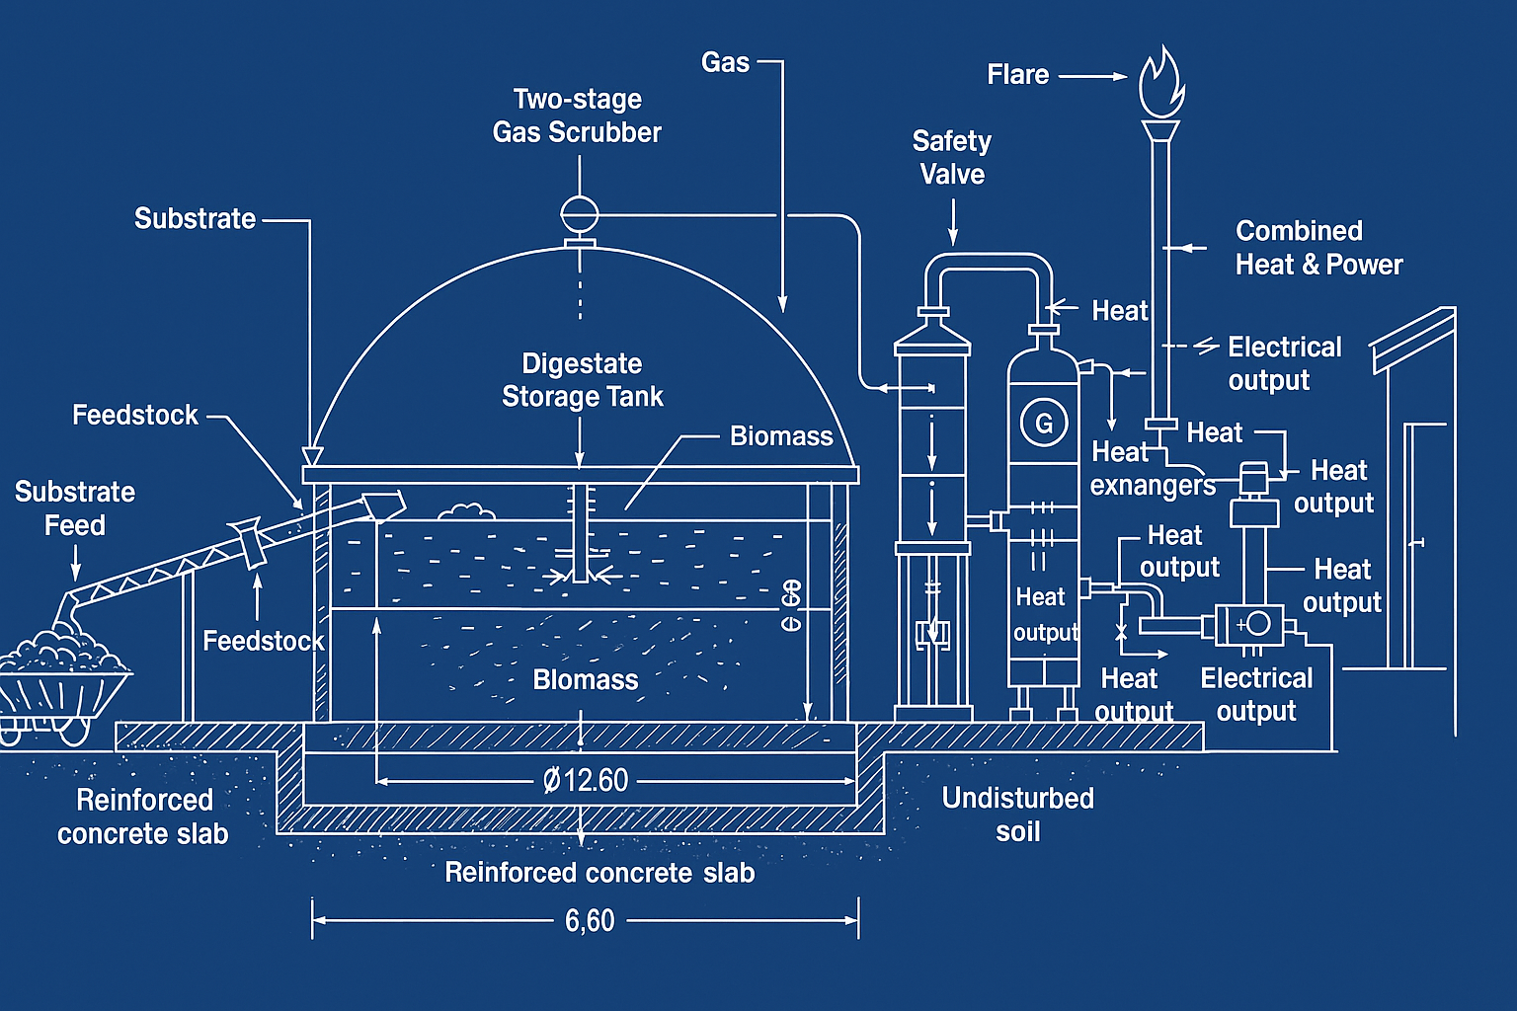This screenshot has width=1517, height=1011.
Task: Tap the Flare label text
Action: coord(1017,75)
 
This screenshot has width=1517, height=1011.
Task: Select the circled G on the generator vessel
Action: coord(1044,424)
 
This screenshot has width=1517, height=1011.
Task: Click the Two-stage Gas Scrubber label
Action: coord(577,116)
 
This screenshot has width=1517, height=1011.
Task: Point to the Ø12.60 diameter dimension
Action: coord(586,781)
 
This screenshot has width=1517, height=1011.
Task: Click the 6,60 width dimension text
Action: coord(590,921)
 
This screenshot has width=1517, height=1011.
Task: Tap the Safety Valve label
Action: coord(952,158)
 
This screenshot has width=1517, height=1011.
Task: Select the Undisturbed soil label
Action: coord(1017,815)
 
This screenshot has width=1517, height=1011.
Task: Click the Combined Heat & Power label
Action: coord(1318,248)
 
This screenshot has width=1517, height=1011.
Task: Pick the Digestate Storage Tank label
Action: coord(582,380)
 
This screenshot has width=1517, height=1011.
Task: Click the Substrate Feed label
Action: coord(75,508)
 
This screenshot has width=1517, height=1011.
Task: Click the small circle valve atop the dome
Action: coord(580,213)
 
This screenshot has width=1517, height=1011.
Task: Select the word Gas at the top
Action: coord(725,62)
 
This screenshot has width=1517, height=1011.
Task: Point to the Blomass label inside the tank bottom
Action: coord(586,680)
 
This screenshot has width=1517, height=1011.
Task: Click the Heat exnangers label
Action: coord(1152,469)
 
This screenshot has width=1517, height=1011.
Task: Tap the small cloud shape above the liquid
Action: coord(465,511)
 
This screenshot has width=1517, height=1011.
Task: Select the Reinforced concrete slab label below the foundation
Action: coord(599,873)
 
